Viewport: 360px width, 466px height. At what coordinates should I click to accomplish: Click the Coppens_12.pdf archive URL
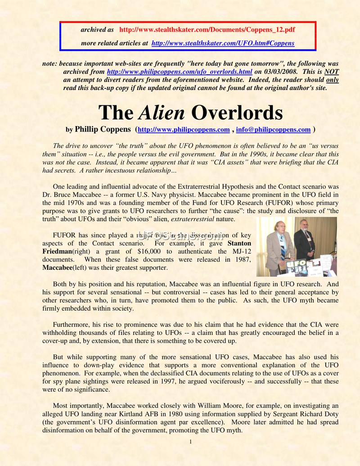(207, 30)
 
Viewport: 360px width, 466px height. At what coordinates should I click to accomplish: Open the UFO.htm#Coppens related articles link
(223, 43)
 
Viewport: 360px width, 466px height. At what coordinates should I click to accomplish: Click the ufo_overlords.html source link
(179, 72)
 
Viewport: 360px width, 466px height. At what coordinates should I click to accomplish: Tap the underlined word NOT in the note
(331, 72)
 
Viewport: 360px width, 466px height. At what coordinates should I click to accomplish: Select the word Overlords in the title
(237, 113)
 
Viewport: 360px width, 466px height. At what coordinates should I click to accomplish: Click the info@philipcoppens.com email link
(273, 130)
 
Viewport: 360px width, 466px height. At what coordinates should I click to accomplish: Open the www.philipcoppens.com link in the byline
(184, 130)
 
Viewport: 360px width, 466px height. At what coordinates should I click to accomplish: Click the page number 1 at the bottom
(191, 441)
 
